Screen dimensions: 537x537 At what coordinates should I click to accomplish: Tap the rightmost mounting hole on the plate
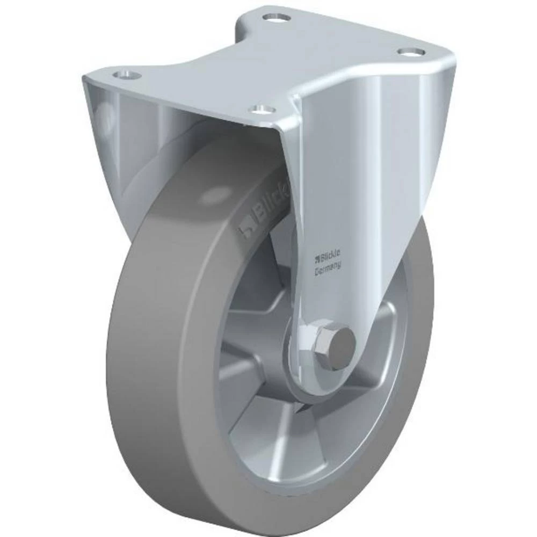coord(411,52)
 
